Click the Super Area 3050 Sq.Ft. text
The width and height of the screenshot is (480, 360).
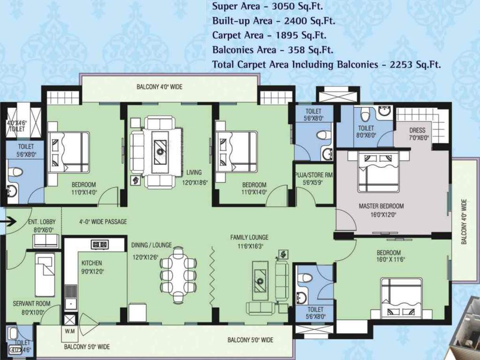[267, 7]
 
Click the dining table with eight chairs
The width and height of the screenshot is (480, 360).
[178, 276]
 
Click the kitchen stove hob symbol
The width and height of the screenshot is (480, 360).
[99, 244]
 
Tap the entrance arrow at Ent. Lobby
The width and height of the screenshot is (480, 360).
[9, 221]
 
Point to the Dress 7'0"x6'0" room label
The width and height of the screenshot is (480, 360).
[417, 134]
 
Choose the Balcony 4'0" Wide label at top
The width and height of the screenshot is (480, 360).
[160, 87]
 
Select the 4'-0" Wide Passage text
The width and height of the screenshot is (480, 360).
[104, 222]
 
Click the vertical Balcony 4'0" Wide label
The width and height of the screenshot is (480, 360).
[464, 222]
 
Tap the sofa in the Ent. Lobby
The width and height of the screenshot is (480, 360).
[46, 240]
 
